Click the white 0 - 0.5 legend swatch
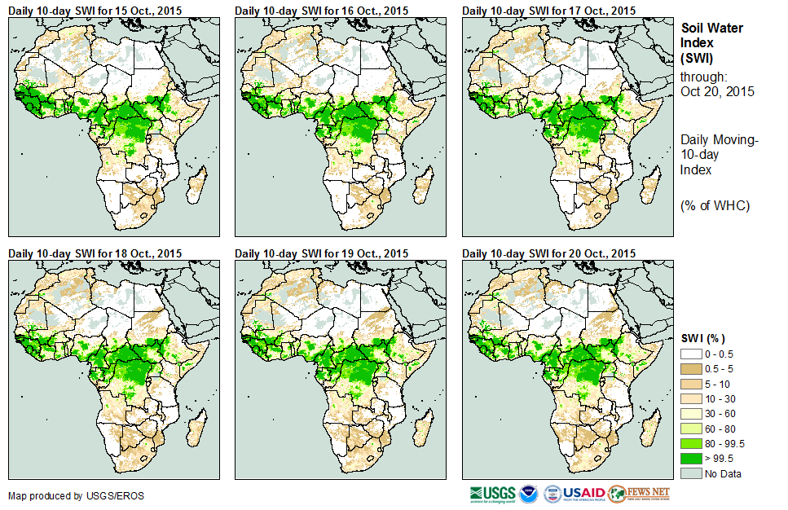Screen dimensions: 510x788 pos(691,354)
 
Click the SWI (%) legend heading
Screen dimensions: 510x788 pos(703,338)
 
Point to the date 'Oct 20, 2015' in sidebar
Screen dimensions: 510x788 pos(717,91)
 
